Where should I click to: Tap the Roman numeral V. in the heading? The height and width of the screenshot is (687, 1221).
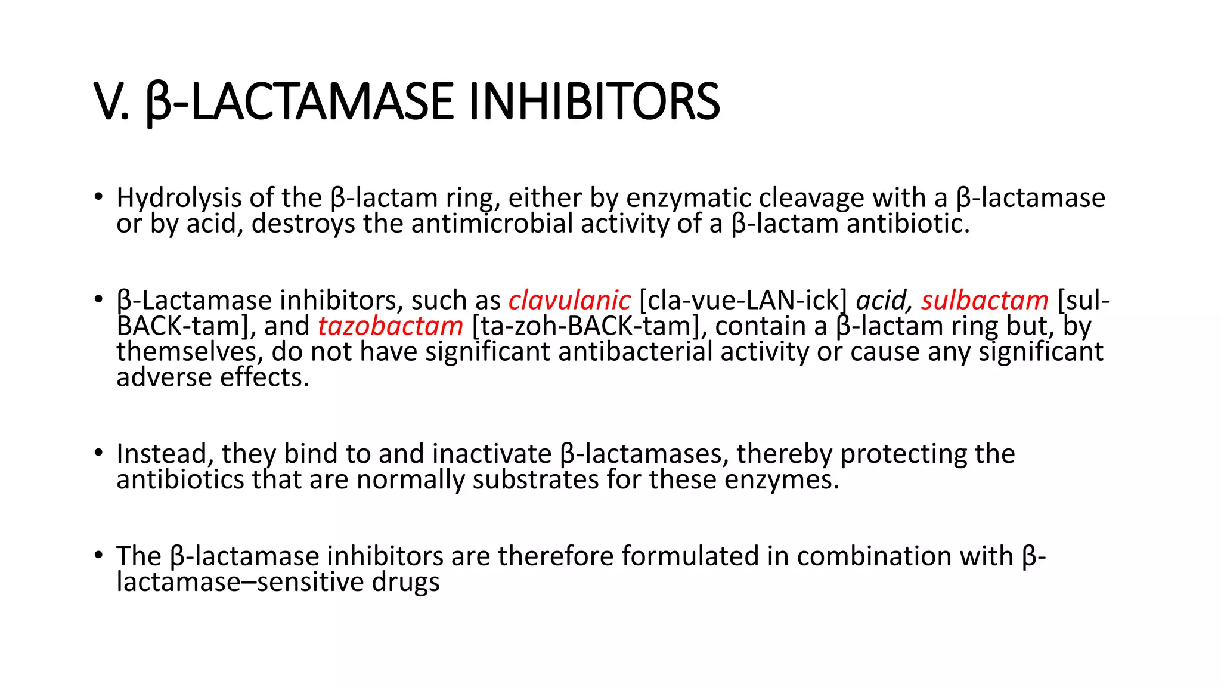click(x=111, y=101)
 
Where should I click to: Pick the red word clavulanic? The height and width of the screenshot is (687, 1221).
click(x=569, y=300)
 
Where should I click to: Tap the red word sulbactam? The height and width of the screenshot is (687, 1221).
click(x=984, y=300)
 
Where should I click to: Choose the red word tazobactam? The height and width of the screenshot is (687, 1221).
click(x=391, y=326)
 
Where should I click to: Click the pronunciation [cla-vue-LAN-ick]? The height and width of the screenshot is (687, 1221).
click(x=743, y=300)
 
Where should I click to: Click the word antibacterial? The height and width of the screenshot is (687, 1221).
click(x=636, y=352)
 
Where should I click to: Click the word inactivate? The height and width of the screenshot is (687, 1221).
click(x=492, y=454)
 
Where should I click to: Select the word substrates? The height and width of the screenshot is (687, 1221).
click(x=536, y=479)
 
